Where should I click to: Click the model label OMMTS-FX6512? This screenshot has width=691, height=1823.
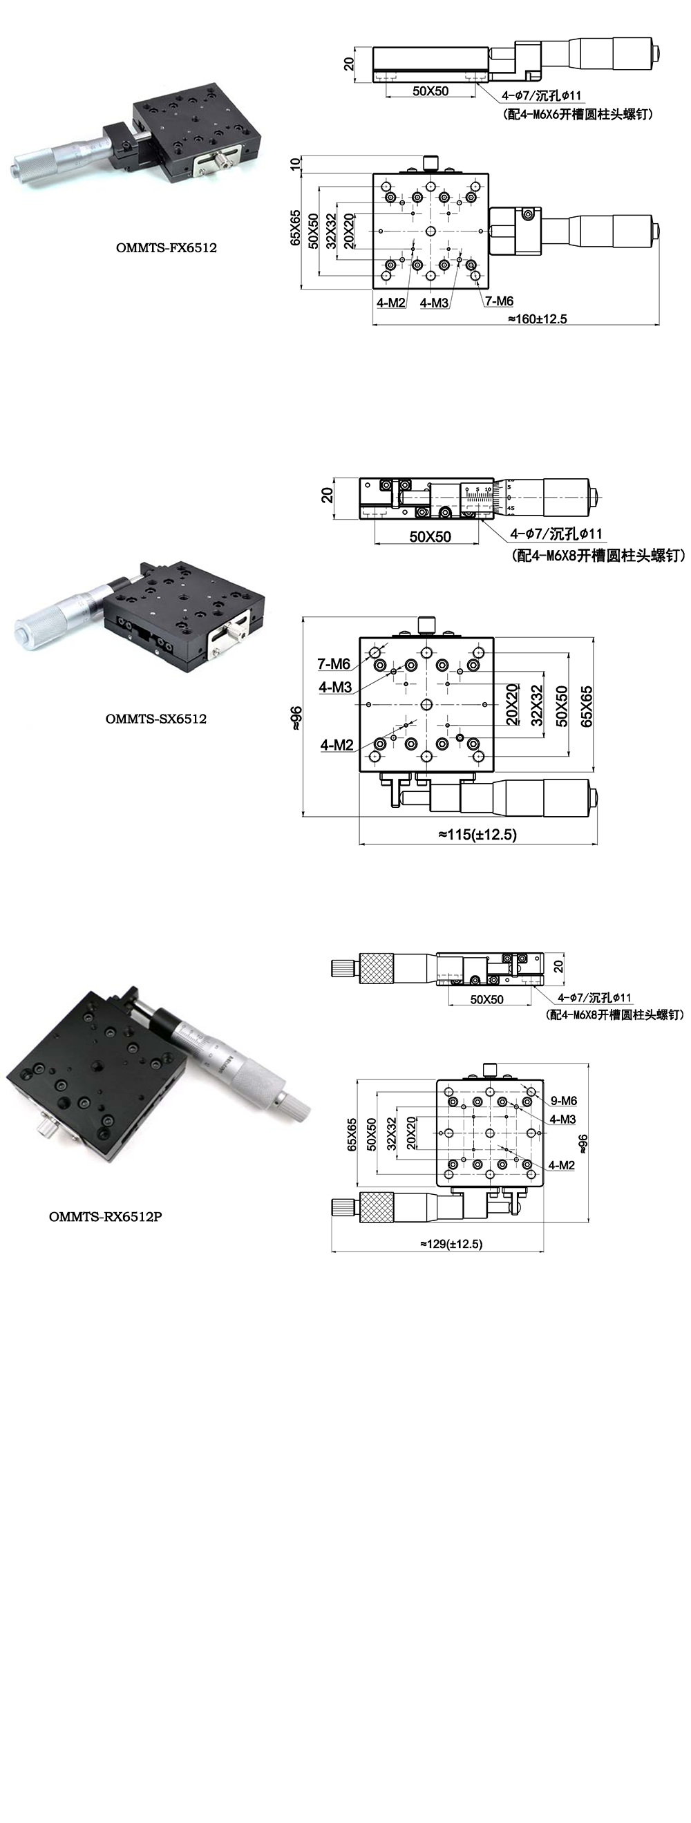[166, 247]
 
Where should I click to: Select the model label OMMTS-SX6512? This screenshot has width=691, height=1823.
[155, 718]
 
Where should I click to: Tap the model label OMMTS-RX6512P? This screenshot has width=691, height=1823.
[106, 1216]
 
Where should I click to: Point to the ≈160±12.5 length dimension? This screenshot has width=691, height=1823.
[537, 319]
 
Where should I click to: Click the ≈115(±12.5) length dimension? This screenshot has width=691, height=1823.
[477, 834]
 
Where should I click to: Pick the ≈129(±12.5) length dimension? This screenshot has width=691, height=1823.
[451, 1243]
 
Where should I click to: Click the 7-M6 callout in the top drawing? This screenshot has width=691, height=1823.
[499, 301]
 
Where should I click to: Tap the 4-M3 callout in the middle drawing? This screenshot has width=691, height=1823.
[335, 686]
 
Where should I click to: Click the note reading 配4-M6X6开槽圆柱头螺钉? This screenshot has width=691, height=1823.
[579, 114]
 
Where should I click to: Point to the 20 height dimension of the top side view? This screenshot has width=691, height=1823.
[348, 64]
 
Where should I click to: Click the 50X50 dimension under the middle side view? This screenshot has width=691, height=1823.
[430, 536]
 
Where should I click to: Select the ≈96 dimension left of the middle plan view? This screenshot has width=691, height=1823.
[296, 717]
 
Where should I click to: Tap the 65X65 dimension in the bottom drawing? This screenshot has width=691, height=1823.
[352, 1135]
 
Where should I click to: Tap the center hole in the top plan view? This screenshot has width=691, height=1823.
[430, 231]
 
